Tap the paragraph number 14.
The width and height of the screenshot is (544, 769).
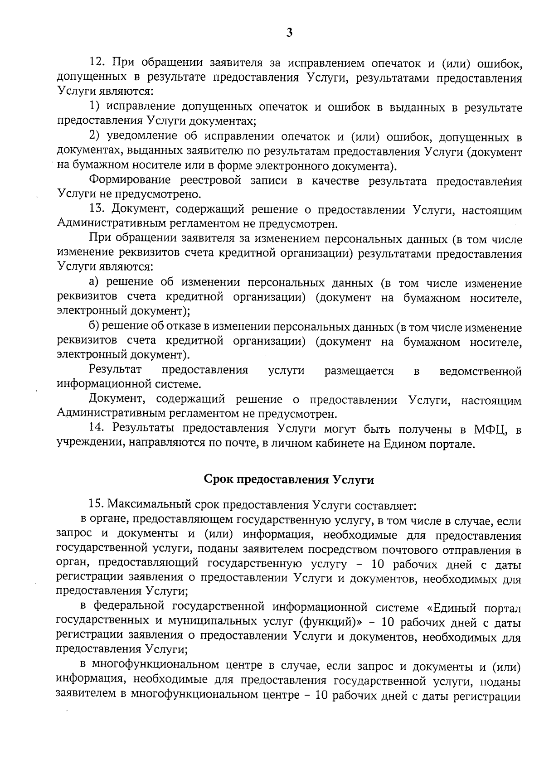pyautogui.click(x=97, y=428)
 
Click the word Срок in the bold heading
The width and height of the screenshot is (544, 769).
pyautogui.click(x=219, y=479)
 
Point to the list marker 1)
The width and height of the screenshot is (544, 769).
pyautogui.click(x=94, y=106)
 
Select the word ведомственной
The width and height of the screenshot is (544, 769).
pyautogui.click(x=481, y=372)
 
